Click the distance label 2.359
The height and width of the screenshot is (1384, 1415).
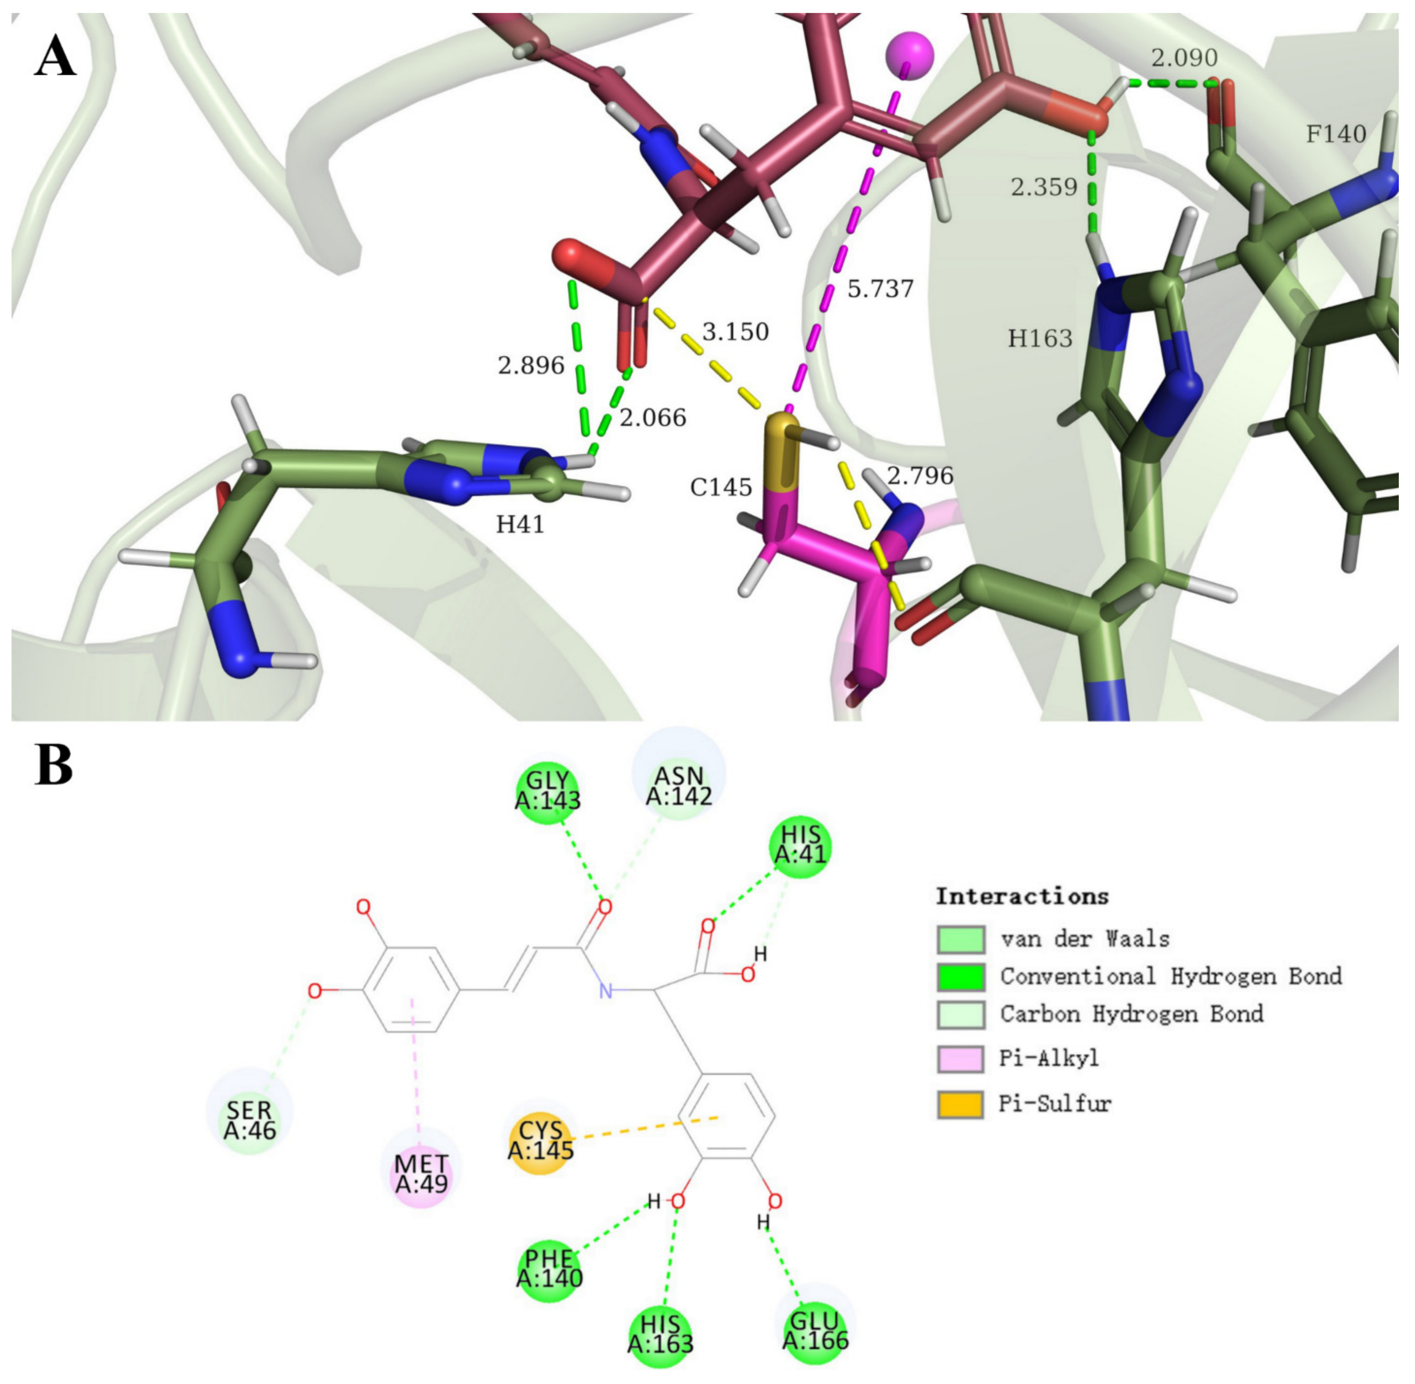pyautogui.click(x=1044, y=188)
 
